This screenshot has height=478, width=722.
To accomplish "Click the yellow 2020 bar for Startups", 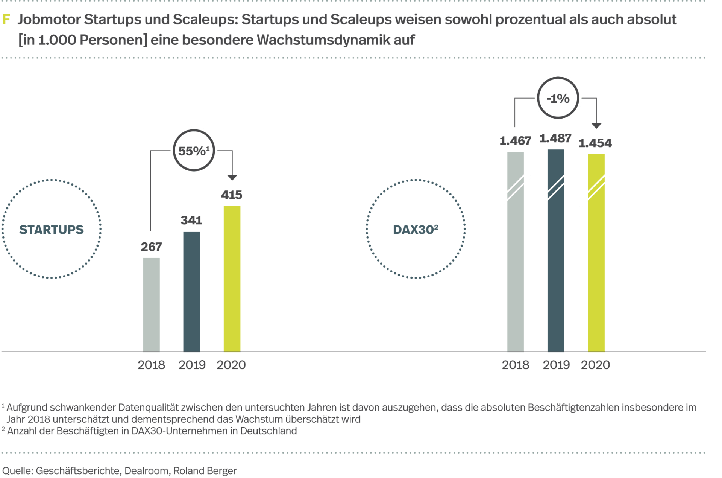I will point(232,279).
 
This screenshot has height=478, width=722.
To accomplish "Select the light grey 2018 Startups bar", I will point(151,304).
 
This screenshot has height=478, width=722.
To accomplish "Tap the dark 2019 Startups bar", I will point(191,291).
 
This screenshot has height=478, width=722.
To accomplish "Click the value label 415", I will point(232,195).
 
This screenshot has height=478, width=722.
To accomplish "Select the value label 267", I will point(151,247).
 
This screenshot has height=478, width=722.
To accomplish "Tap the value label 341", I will point(191,220).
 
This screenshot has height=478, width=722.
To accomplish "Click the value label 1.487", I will point(555,139).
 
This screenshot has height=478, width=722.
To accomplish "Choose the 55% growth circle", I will point(194,151).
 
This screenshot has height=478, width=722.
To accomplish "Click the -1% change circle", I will point(558,98).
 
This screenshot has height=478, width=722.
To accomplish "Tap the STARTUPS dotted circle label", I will point(52,229).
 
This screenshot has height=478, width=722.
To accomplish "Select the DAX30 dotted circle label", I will point(416,229).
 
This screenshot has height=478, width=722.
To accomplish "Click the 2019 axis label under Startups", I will point(192,365).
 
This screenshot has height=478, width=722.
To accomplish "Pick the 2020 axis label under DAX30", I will point(595,365).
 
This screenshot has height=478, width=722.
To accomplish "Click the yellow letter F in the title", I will point(6,20).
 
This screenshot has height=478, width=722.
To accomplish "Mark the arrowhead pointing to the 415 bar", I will point(232,177).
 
